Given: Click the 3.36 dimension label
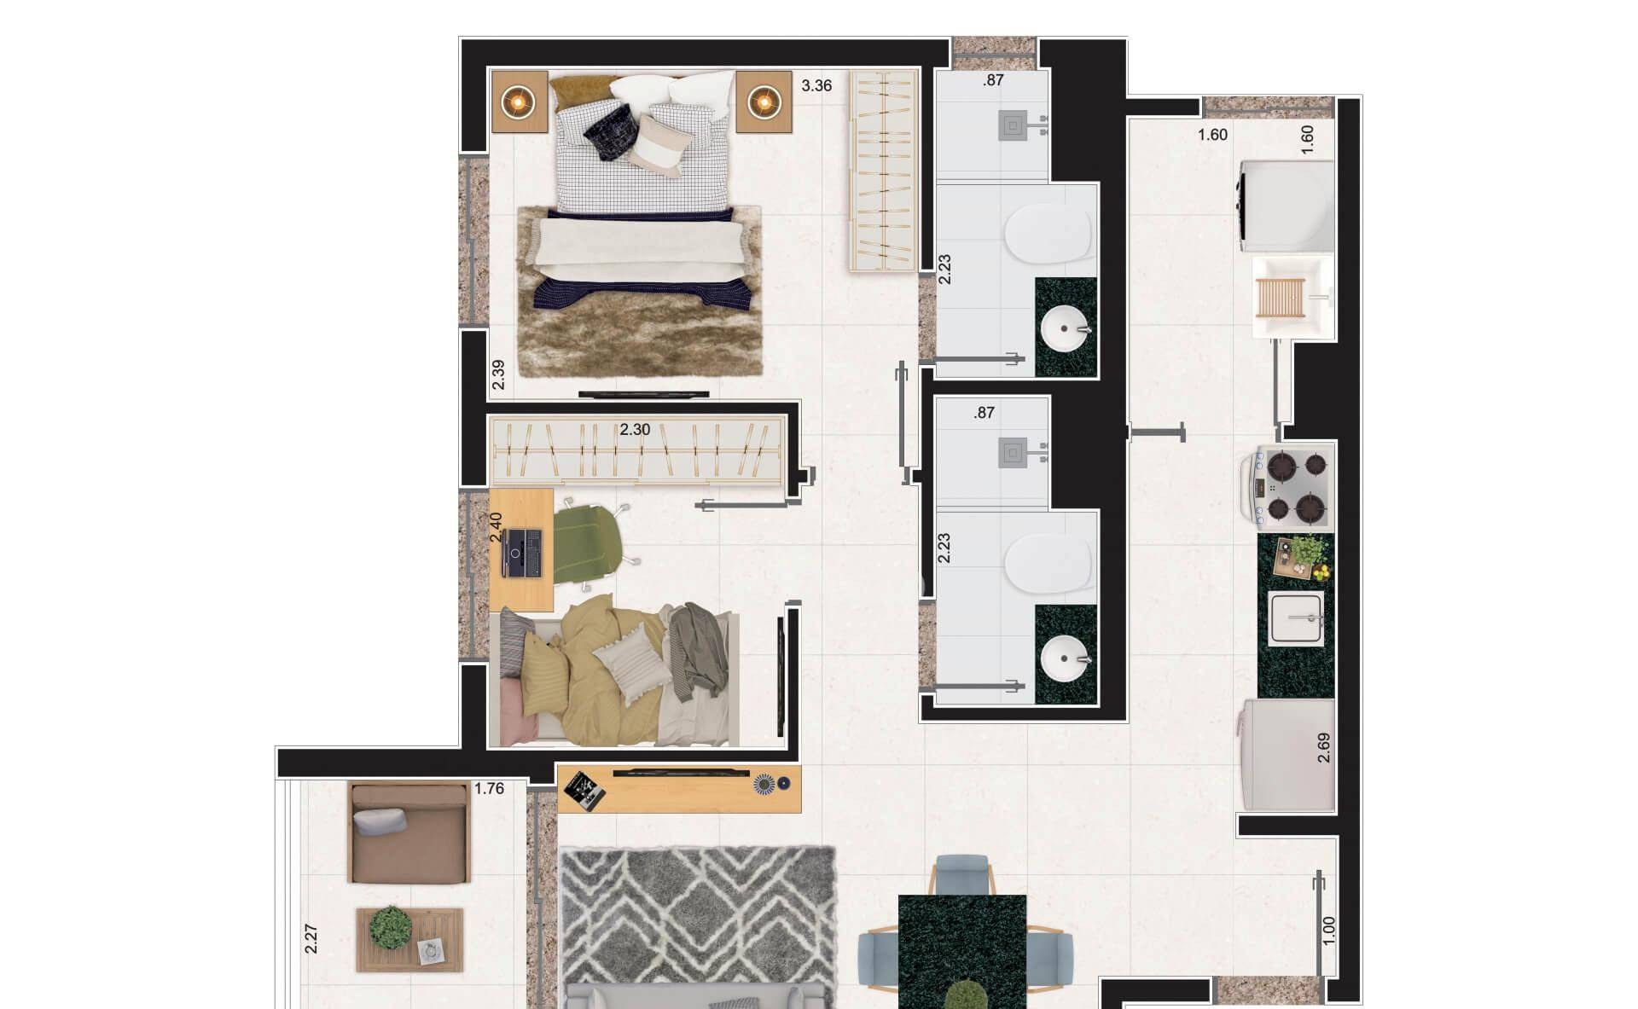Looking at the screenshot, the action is pos(816,85).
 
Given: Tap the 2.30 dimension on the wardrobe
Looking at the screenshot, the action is pos(635,430).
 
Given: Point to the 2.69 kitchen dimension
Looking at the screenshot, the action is pos(1324,747).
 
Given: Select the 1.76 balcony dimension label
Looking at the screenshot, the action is pos(489,789).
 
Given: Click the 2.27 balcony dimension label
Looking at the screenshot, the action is pos(311,939).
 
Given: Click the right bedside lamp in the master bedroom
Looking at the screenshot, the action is pos(764,102).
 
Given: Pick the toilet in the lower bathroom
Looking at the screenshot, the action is pos(1048,562).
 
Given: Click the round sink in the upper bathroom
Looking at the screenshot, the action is pos(1066,328).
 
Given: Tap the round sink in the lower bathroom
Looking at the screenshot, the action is pos(1066,658).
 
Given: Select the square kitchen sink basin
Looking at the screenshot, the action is pos(1296,618).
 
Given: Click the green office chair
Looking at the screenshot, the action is pos(591,544).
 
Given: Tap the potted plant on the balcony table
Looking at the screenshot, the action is pos(392,927).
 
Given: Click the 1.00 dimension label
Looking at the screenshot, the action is pos(1328,931).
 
